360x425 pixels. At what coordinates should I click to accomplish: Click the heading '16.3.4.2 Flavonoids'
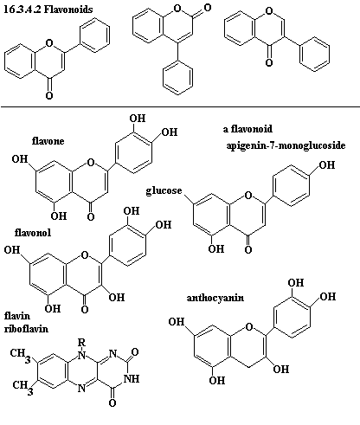coord(48,10)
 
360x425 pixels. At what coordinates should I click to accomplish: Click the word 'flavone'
coord(48,141)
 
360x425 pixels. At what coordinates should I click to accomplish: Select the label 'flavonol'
coord(33,232)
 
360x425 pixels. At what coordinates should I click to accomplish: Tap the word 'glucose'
coord(164,190)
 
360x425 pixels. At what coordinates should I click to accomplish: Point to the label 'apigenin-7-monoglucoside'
coord(286,145)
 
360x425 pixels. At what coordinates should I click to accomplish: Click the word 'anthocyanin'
coord(215,298)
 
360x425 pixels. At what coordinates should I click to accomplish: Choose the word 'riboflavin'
coord(26,329)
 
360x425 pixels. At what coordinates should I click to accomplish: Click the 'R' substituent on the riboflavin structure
coord(82,343)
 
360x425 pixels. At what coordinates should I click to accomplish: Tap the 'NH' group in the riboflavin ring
coord(132,378)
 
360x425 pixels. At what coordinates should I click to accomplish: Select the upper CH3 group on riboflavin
coord(20,354)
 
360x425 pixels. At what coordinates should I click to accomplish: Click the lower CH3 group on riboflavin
coord(22,386)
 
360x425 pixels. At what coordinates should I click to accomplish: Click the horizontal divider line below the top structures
coord(180,106)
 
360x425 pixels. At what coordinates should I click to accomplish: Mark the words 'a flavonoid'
coord(247,129)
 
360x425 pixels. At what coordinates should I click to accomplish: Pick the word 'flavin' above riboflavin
coord(17,316)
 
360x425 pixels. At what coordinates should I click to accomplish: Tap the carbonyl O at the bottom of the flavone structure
coord(91,216)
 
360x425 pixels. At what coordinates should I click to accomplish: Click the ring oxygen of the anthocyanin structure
coord(249,327)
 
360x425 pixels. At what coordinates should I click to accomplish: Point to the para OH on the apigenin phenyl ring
coord(327,165)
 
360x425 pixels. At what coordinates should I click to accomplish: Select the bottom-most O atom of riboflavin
coord(112,402)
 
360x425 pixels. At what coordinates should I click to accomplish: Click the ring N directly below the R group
coord(82,354)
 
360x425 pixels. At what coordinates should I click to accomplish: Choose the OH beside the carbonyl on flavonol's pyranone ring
coord(117,297)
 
